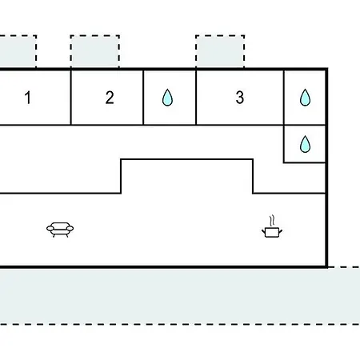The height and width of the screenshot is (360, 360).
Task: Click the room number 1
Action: pos(28,98)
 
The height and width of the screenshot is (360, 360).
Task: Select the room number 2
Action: pos(110,98)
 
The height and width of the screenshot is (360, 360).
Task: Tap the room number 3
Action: pos(240,98)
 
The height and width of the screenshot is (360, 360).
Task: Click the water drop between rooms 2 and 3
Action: pos(167,98)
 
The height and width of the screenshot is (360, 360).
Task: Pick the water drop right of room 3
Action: pos(305,98)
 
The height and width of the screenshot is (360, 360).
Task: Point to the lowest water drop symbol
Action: pos(305,144)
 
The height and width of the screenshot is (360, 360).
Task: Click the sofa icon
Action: pos(60,230)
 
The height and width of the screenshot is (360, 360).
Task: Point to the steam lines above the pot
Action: pos(272,221)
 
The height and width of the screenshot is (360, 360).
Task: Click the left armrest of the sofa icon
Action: pos(50,229)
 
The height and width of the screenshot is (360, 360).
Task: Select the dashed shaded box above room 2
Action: pos(95,51)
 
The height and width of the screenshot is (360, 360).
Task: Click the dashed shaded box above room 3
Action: pos(220,51)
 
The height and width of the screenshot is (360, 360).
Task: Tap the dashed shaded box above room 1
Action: pos(18,51)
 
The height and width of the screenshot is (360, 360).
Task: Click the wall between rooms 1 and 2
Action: pos(71,98)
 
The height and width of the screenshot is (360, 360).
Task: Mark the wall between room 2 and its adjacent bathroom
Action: pos(143,98)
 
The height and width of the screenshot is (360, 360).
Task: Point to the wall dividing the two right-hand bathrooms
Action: pos(305,125)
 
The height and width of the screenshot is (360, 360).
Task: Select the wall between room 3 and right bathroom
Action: pos(284,98)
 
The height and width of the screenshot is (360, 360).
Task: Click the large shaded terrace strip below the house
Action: pos(180,296)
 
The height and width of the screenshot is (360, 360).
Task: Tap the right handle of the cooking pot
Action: pos(281,231)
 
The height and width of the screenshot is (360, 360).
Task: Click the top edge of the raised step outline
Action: pos(186,159)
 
